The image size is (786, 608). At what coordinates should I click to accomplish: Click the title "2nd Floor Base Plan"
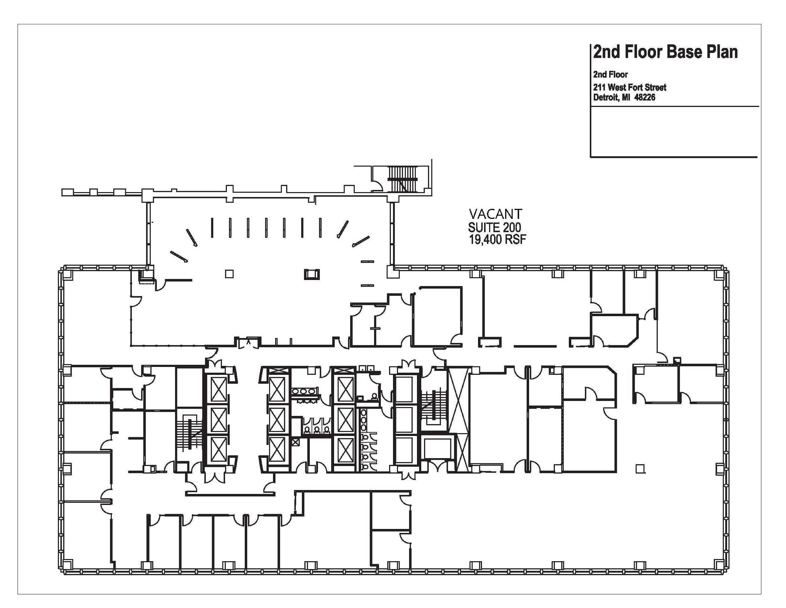[665, 52]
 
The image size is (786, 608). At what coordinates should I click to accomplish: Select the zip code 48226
[645, 97]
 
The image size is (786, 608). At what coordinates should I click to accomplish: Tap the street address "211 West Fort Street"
[630, 87]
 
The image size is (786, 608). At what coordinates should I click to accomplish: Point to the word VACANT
[496, 214]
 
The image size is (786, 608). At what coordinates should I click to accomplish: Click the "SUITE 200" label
[494, 227]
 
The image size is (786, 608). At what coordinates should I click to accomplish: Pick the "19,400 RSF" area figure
[497, 240]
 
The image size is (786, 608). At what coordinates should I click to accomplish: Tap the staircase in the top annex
[402, 179]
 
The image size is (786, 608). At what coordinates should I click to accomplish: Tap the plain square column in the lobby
[229, 274]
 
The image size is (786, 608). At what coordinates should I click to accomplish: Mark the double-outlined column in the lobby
[312, 274]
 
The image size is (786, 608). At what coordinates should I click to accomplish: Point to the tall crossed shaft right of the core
[459, 399]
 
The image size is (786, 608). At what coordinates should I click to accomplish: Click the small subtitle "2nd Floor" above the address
[610, 74]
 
